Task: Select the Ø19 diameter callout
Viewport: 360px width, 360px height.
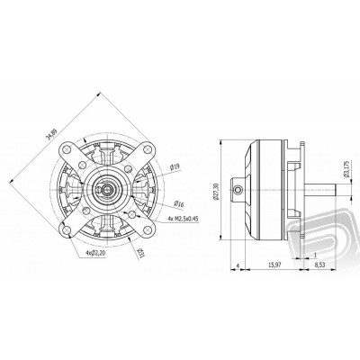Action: point(175,166)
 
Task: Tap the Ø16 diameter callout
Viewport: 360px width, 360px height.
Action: point(180,205)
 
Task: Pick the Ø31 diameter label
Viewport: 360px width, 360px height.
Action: point(144,255)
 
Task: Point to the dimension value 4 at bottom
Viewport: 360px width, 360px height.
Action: point(236,266)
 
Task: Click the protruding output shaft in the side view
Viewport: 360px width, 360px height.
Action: point(324,191)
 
